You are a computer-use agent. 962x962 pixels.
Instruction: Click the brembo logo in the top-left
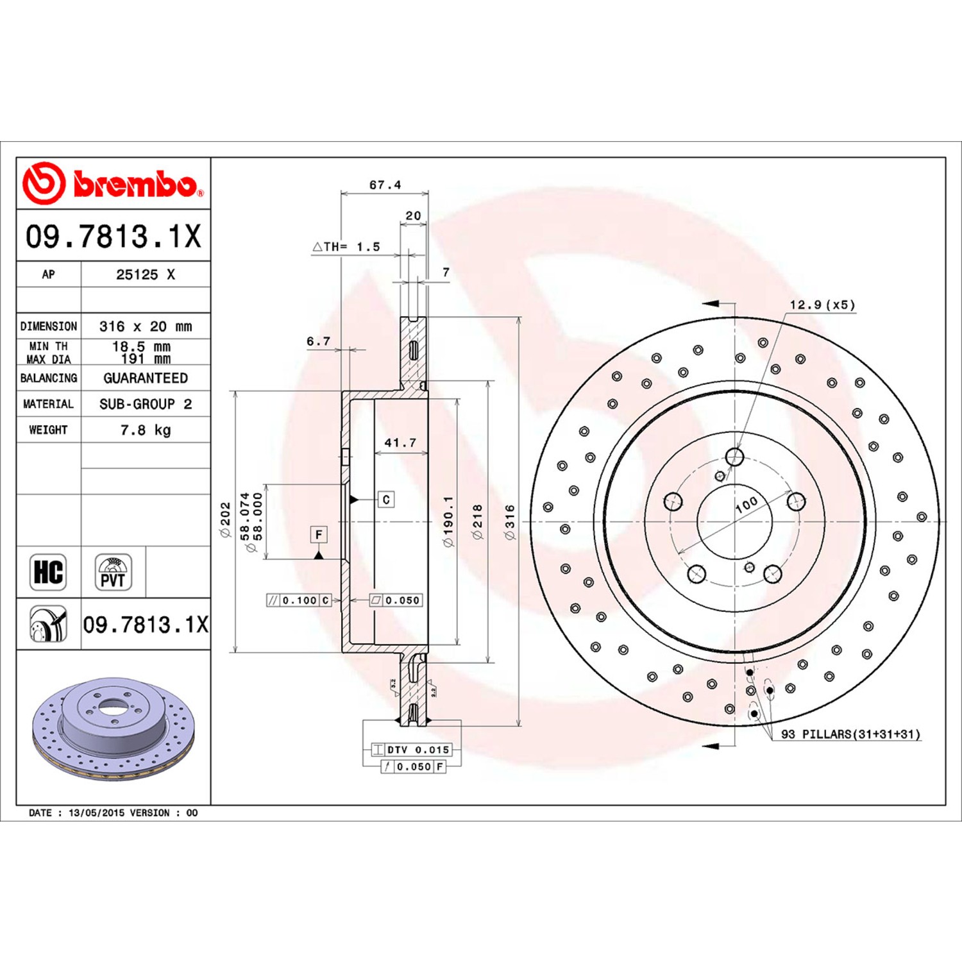point(113,183)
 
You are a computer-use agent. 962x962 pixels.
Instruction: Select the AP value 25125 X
point(146,274)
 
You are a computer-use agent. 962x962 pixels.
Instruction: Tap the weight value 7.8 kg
point(146,430)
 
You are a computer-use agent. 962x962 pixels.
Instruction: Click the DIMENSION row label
point(49,326)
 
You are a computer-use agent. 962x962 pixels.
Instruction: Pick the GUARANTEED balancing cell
point(146,378)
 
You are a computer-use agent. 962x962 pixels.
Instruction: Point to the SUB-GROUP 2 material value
point(146,404)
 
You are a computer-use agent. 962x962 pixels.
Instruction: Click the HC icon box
point(48,572)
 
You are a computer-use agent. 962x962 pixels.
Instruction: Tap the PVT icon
point(114,572)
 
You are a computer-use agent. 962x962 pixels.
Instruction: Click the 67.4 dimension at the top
point(385,185)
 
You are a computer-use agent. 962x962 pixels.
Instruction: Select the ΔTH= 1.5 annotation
point(346,246)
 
